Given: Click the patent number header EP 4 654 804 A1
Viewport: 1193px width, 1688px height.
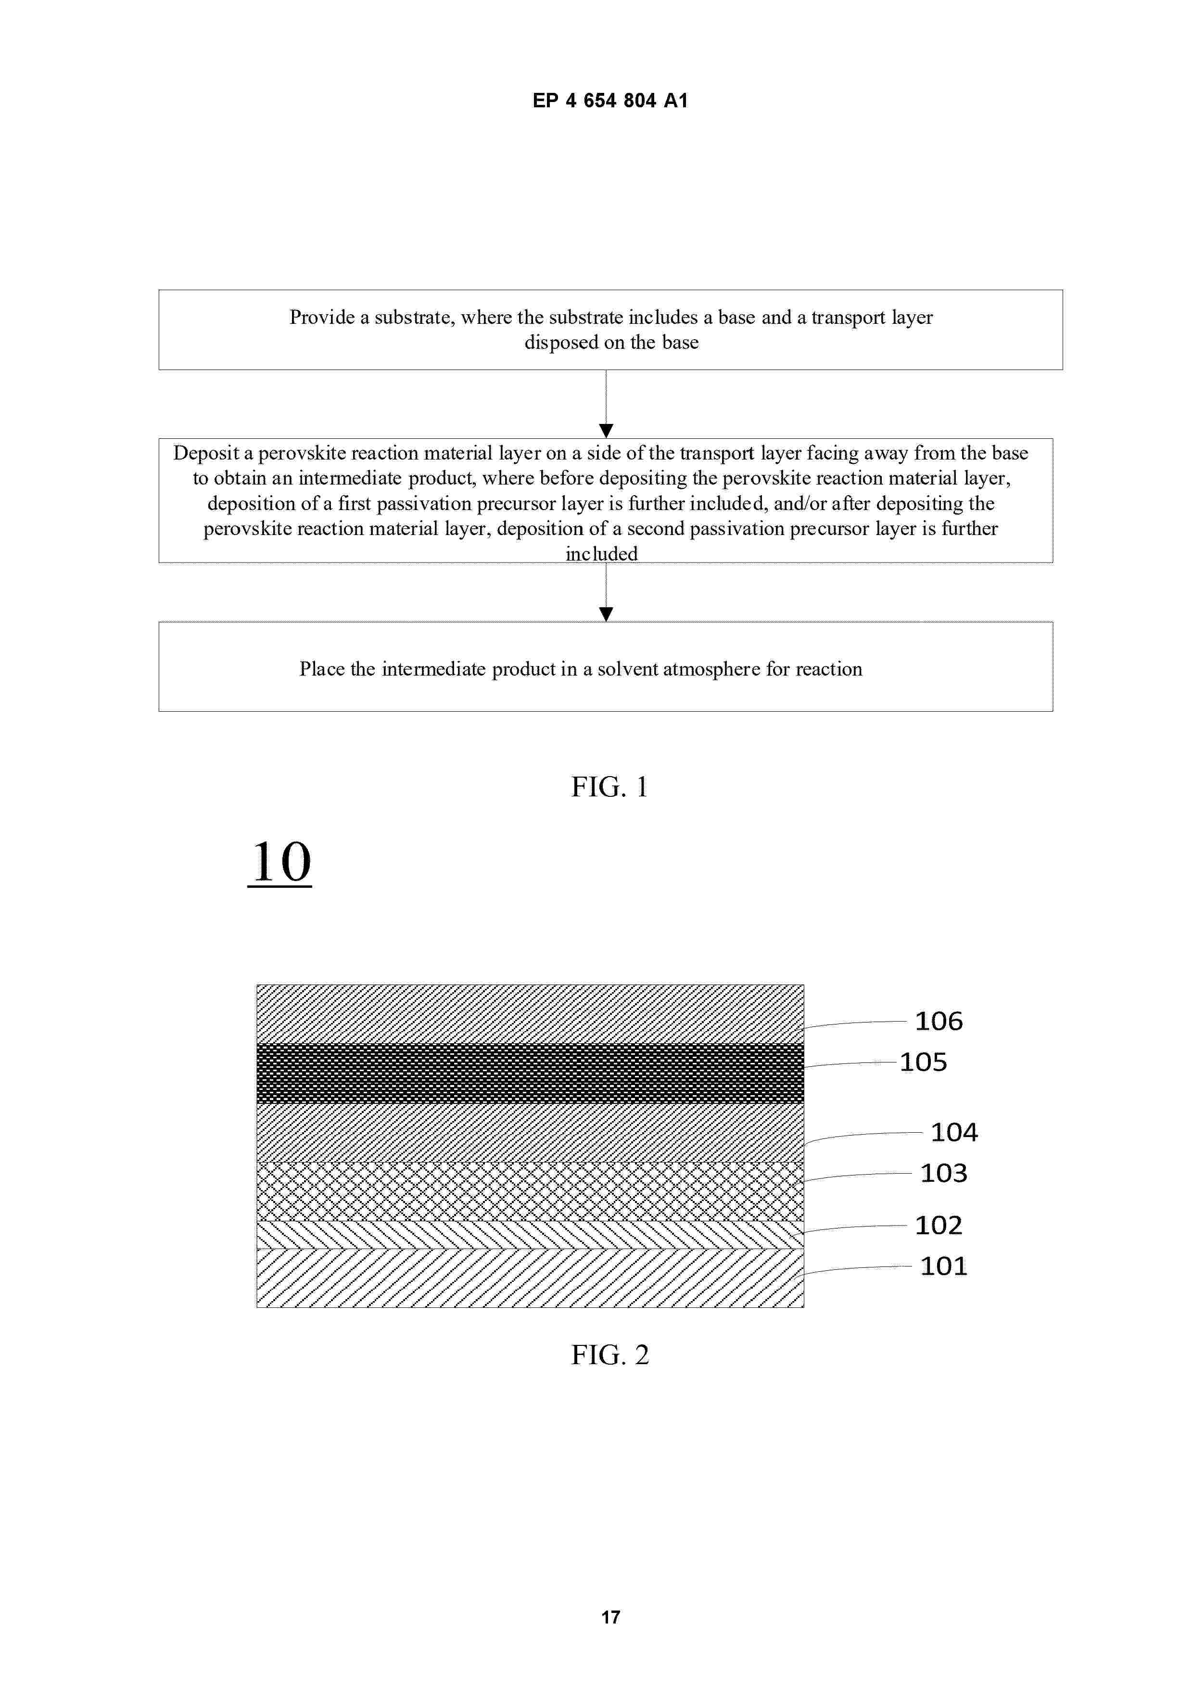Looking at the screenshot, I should (x=609, y=101).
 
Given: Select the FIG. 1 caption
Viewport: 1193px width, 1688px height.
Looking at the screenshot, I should (x=609, y=787).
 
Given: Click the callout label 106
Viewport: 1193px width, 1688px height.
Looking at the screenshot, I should (x=938, y=1021).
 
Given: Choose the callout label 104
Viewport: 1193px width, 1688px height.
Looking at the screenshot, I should (x=954, y=1132).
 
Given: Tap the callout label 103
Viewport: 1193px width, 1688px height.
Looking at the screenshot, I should (x=944, y=1173).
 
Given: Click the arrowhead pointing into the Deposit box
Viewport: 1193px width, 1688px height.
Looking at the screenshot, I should (x=606, y=431).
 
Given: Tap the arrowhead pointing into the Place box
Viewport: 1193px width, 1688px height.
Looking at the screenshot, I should (x=606, y=614).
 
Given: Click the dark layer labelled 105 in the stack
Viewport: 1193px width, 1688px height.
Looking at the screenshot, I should (x=529, y=1074).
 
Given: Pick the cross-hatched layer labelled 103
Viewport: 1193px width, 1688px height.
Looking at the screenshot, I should (x=529, y=1191).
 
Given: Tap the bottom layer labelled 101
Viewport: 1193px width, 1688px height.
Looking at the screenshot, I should (x=529, y=1278).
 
